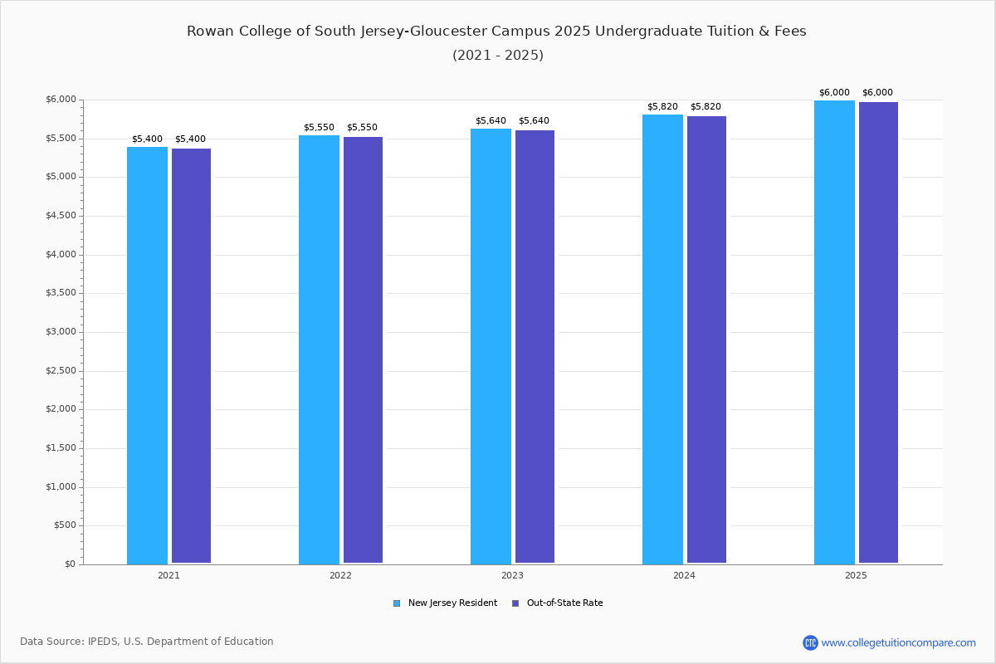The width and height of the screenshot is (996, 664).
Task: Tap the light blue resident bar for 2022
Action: click(319, 349)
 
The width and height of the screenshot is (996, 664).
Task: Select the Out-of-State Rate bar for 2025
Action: click(878, 332)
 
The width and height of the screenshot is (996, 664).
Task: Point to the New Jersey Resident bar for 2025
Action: click(834, 332)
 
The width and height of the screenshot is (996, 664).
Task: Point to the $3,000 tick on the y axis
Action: click(61, 332)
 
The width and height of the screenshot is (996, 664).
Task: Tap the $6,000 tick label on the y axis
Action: click(61, 100)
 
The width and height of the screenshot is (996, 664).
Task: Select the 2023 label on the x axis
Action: click(512, 575)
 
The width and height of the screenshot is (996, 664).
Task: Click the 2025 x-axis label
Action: click(856, 575)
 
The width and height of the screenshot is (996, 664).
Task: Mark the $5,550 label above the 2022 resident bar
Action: click(319, 128)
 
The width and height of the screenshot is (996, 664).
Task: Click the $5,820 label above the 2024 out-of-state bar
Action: click(705, 107)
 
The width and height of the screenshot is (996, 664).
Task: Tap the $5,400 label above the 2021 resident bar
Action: click(147, 139)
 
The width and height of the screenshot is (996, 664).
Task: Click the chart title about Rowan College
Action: click(496, 32)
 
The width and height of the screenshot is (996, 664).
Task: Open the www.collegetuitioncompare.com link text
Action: click(898, 642)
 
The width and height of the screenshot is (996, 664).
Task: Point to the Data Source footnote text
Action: click(147, 642)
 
